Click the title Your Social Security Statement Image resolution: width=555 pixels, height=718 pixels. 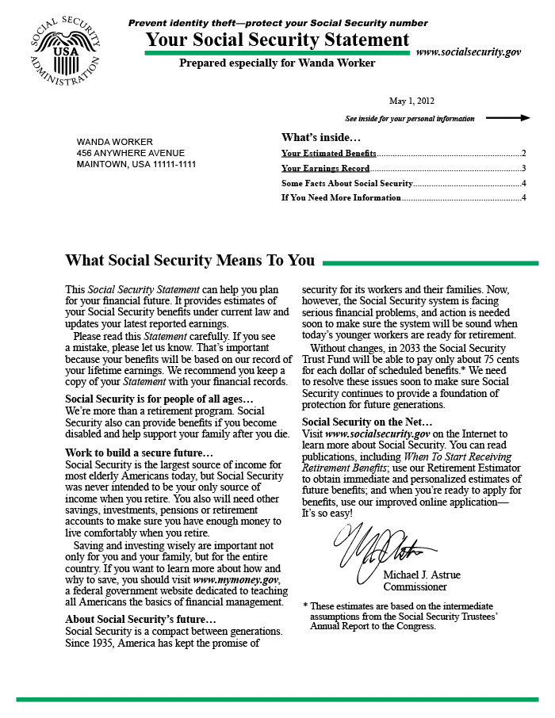(x=277, y=40)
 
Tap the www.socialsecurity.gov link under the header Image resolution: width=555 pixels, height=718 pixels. (x=468, y=52)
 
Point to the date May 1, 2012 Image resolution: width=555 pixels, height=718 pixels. (x=411, y=101)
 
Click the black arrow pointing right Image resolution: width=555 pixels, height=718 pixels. (x=507, y=118)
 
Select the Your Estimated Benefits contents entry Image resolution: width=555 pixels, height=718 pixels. (x=329, y=153)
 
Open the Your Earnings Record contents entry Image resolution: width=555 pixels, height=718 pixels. (x=326, y=168)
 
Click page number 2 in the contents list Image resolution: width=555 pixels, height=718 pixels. (x=524, y=153)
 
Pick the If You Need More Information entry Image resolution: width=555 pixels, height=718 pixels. (x=341, y=197)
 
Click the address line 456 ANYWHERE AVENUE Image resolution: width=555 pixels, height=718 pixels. (x=131, y=153)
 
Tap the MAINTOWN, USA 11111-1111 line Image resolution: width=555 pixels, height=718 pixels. (x=136, y=164)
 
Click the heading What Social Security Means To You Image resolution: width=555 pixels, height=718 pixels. (x=189, y=261)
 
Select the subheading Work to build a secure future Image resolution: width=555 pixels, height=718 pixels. (x=139, y=453)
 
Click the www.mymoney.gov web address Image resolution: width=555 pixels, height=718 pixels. (x=236, y=579)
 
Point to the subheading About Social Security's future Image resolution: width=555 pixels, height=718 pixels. (x=140, y=619)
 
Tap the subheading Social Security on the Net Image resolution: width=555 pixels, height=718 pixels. (x=367, y=422)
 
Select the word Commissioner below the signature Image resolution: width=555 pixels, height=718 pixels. (x=415, y=587)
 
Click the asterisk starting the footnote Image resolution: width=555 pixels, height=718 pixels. (x=305, y=606)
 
